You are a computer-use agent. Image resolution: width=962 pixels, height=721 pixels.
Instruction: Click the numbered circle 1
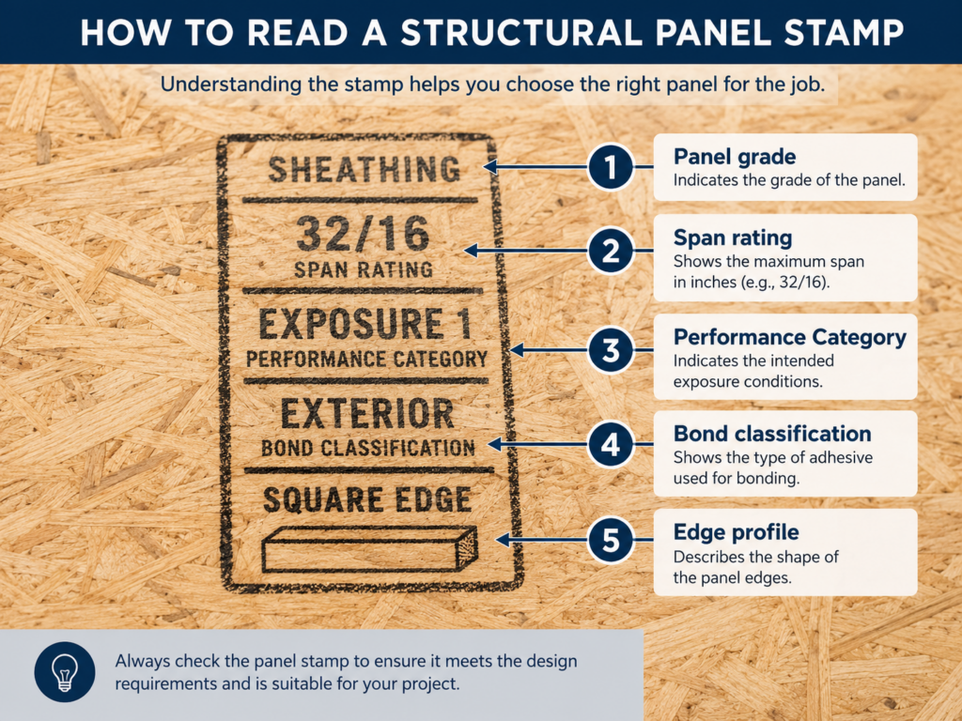click(x=611, y=167)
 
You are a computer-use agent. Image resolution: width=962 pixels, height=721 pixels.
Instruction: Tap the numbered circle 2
click(x=611, y=251)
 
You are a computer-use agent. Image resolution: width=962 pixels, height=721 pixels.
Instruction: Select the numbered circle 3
click(x=611, y=350)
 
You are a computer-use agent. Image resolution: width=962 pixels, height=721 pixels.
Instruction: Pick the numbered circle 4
click(x=611, y=444)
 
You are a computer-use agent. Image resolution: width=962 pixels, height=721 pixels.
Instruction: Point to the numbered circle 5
click(x=611, y=540)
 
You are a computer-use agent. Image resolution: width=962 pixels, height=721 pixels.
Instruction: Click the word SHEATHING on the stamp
click(x=365, y=169)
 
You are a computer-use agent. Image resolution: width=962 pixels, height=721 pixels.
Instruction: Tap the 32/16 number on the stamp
click(x=364, y=234)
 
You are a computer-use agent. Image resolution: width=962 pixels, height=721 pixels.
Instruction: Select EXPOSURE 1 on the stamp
click(x=365, y=323)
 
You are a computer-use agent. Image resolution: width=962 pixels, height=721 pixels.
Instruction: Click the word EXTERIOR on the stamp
click(x=367, y=413)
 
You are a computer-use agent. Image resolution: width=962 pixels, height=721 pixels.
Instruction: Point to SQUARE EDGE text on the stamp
click(x=367, y=499)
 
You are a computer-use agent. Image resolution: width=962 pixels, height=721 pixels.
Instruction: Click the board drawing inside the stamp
click(x=369, y=549)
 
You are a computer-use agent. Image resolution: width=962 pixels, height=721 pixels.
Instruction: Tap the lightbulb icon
click(x=65, y=672)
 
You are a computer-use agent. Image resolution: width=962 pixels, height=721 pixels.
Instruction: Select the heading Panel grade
click(x=735, y=157)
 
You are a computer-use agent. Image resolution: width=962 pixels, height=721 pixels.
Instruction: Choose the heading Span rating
click(x=733, y=238)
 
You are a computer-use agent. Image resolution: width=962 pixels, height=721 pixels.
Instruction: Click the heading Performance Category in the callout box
click(x=789, y=337)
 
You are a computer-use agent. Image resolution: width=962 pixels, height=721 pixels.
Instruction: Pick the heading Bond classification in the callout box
click(x=772, y=434)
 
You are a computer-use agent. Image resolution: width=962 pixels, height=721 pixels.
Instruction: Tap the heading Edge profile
click(x=737, y=532)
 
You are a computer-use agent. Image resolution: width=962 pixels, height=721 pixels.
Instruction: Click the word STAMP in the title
click(x=843, y=33)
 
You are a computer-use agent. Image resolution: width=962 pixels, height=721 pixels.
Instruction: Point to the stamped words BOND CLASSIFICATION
click(x=368, y=448)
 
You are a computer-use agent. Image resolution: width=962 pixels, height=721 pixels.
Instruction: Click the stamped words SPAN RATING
click(x=364, y=269)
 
